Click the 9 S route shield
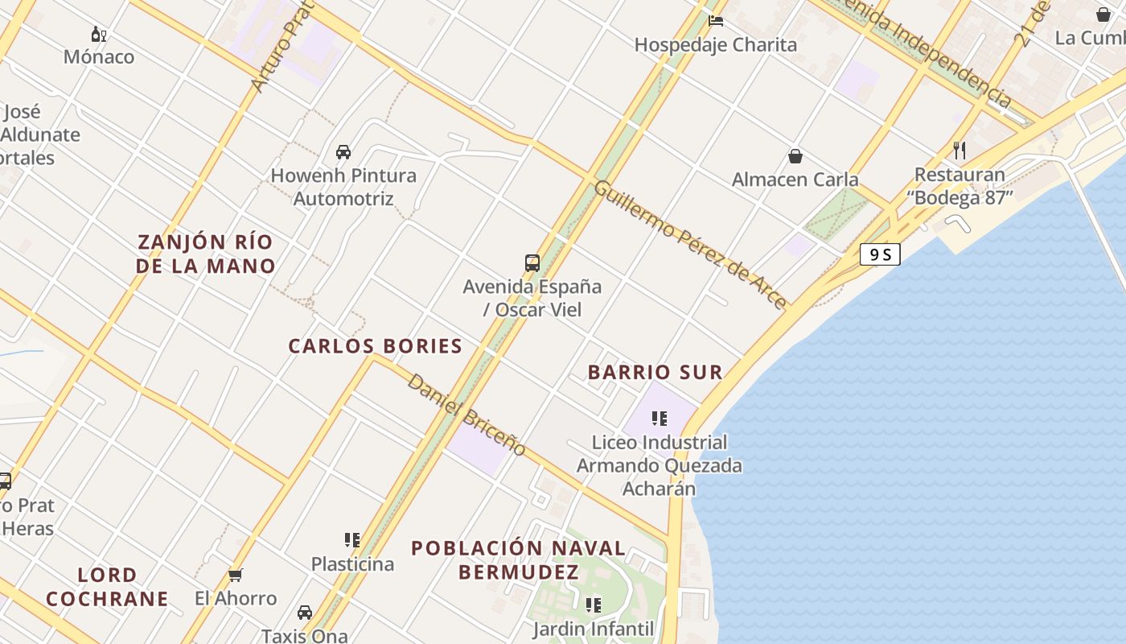pyautogui.click(x=879, y=254)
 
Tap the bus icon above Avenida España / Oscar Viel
pyautogui.click(x=532, y=262)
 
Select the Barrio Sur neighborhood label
pyautogui.click(x=655, y=372)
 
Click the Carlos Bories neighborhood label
pyautogui.click(x=375, y=346)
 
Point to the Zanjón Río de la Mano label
pyautogui.click(x=205, y=254)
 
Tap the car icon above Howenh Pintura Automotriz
pyautogui.click(x=343, y=151)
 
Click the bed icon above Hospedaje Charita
pyautogui.click(x=716, y=21)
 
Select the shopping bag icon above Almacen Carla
pyautogui.click(x=795, y=155)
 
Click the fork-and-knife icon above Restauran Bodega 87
pyautogui.click(x=959, y=150)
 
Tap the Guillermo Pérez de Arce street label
pyautogui.click(x=689, y=244)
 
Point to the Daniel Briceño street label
pyautogui.click(x=466, y=415)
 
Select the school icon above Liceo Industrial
pyautogui.click(x=660, y=418)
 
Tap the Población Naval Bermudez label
pyautogui.click(x=519, y=560)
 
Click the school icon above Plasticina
pyautogui.click(x=351, y=539)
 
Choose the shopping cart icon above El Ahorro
pyautogui.click(x=235, y=575)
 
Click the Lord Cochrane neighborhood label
pyautogui.click(x=107, y=587)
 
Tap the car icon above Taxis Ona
pyautogui.click(x=304, y=613)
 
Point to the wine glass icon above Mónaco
pyautogui.click(x=99, y=34)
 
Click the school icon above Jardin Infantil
pyautogui.click(x=593, y=605)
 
